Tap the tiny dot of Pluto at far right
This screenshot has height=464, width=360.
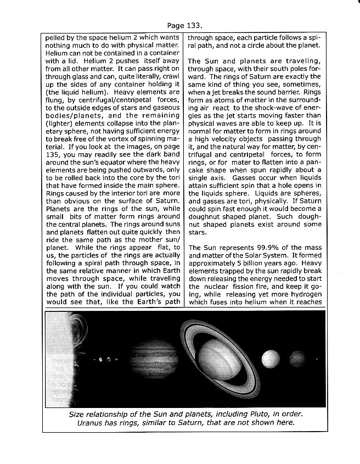click(318, 361)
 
